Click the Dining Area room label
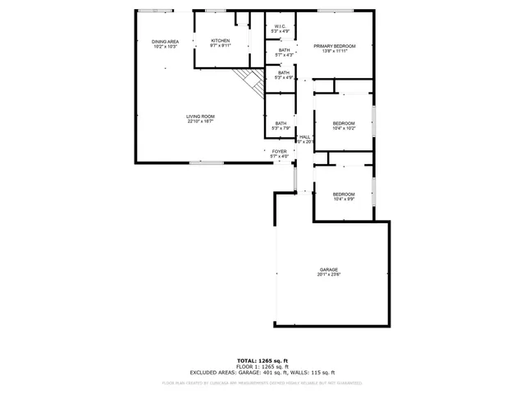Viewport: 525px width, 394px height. click(165, 41)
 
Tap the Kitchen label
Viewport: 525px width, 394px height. click(221, 41)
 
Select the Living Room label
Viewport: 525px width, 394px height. click(200, 117)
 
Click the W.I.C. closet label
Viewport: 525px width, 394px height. click(280, 27)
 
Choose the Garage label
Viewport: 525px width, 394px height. click(329, 269)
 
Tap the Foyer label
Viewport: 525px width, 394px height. click(280, 151)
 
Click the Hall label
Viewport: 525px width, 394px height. click(304, 137)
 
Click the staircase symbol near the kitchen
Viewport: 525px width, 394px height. click(248, 80)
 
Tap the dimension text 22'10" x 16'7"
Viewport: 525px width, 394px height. click(200, 121)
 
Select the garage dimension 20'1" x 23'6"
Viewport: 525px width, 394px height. click(329, 275)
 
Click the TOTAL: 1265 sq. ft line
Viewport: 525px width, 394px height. click(262, 360)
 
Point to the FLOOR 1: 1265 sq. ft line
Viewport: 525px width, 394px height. click(262, 366)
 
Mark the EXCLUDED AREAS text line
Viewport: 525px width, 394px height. click(262, 372)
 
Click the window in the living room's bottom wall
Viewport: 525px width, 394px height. click(207, 163)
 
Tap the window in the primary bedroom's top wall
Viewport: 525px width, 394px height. click(330, 11)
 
